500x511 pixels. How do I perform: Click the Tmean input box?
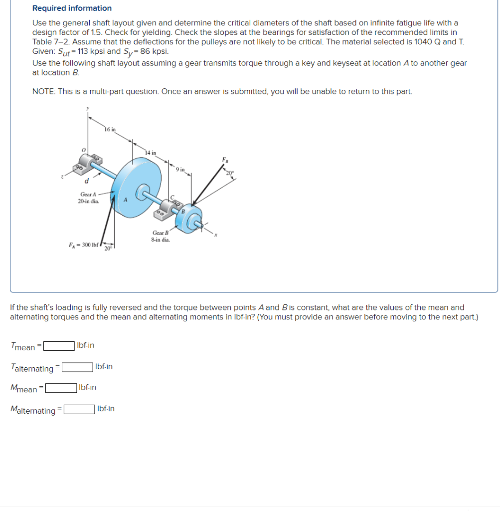click(59, 345)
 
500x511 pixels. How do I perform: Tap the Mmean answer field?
click(61, 388)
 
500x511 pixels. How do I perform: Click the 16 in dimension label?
click(110, 129)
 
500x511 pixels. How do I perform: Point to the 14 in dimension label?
click(151, 152)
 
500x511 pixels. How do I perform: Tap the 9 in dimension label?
click(180, 169)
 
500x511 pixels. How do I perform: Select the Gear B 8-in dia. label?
click(161, 236)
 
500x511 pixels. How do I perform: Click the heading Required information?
click(72, 8)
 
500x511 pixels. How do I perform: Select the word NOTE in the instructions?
click(43, 91)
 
